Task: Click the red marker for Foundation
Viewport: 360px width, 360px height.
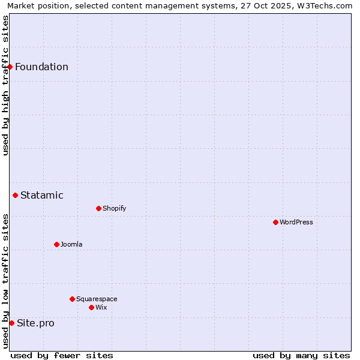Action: click(10, 67)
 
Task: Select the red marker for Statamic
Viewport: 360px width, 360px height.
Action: click(16, 195)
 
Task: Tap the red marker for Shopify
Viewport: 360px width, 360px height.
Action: click(98, 208)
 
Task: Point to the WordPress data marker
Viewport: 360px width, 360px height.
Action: click(275, 222)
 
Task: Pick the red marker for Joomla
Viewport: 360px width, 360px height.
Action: click(56, 244)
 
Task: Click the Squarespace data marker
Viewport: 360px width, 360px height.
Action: click(72, 299)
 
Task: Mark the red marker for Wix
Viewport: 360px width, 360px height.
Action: click(91, 307)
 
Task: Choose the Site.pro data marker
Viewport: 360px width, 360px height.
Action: click(11, 323)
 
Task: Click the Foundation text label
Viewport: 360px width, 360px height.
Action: click(41, 67)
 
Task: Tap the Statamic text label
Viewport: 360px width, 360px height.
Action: click(42, 195)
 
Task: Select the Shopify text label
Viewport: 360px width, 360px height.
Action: click(114, 208)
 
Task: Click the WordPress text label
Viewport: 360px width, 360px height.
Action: click(296, 222)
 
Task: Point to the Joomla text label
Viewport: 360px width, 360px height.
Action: click(71, 244)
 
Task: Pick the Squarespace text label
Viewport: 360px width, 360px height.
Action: click(97, 299)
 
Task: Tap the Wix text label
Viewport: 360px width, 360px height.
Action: click(101, 307)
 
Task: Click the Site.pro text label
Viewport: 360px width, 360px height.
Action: click(35, 323)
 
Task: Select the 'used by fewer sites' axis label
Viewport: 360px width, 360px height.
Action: click(62, 355)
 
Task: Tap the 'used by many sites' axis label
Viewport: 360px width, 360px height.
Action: click(301, 355)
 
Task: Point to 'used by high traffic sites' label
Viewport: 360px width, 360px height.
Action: click(5, 85)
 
